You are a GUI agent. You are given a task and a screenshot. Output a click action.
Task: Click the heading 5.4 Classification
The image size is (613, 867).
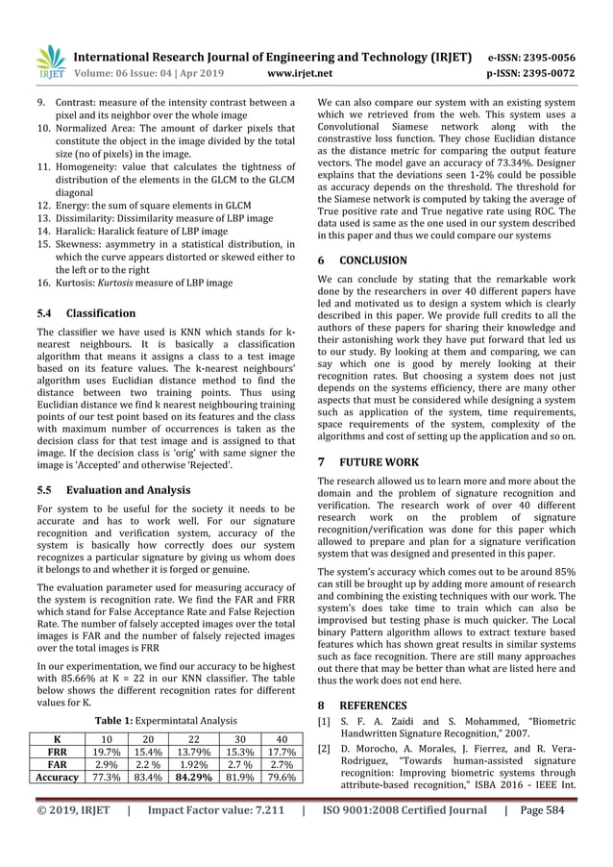(86, 313)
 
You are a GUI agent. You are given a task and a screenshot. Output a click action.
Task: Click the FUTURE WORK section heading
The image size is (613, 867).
(368, 461)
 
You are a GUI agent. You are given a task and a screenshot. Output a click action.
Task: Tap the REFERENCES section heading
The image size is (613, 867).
(366, 704)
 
